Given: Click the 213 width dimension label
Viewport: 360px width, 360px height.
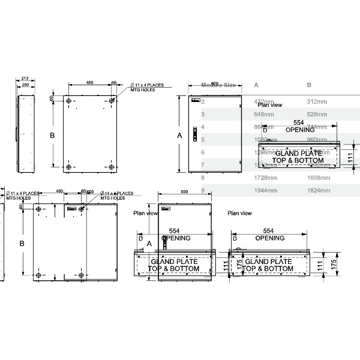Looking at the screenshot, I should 25,79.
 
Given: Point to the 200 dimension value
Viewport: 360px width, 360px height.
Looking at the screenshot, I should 25,85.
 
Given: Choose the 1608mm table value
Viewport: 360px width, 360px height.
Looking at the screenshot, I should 316,178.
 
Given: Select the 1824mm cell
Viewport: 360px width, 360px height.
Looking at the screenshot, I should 316,190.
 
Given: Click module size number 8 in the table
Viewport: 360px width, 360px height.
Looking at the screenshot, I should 203,178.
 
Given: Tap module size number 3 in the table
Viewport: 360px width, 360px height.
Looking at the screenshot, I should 203,114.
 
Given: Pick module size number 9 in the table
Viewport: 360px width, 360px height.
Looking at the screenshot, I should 203,190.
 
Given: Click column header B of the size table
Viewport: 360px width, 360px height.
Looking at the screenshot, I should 309,85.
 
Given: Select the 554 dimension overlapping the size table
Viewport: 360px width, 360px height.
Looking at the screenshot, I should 299,123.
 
